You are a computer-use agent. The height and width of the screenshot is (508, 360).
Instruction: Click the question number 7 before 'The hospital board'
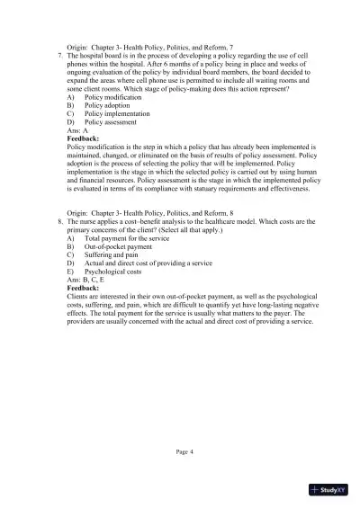point(58,56)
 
